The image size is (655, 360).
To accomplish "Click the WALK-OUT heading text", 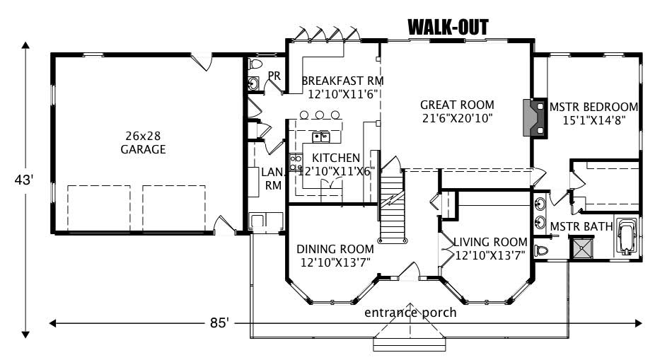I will (x=448, y=27).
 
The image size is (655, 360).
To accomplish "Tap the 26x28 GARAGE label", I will (x=143, y=143).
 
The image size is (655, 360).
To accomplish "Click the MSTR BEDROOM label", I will (x=593, y=107).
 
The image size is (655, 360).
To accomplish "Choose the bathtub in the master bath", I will (x=627, y=236).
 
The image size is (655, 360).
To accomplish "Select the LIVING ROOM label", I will (x=490, y=241).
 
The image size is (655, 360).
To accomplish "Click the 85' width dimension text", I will (x=219, y=323).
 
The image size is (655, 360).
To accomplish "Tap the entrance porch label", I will (x=410, y=312).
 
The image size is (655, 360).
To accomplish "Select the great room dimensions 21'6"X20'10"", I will (x=457, y=118).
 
